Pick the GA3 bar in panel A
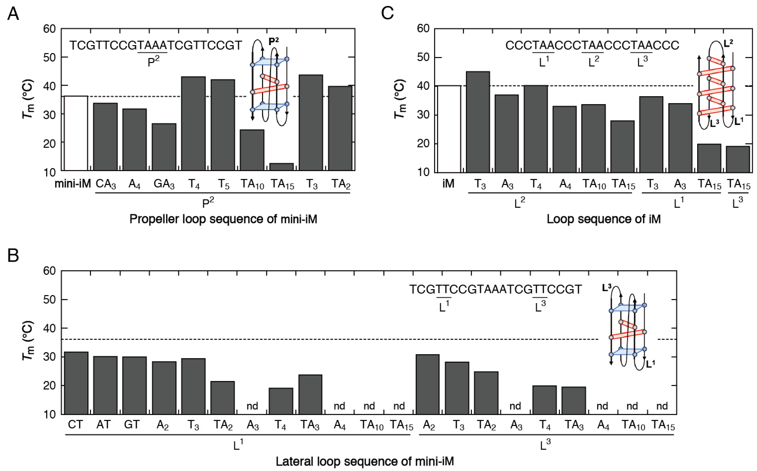click(164, 147)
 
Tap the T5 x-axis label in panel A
click(223, 184)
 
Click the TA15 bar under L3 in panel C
click(738, 159)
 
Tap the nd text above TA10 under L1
click(369, 406)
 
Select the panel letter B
click(13, 255)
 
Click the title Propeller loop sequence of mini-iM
click(223, 219)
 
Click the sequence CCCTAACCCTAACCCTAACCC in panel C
click(592, 45)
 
